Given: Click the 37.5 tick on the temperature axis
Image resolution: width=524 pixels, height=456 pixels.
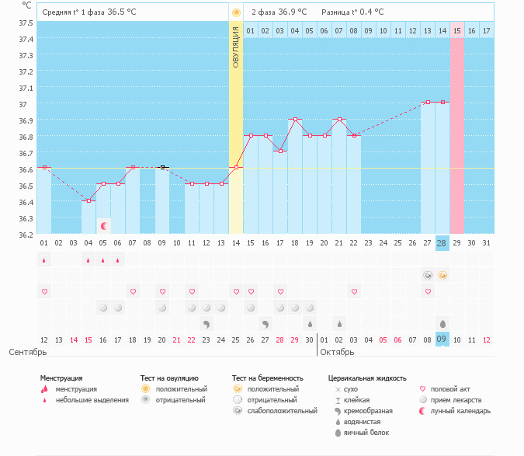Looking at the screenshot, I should (26, 23).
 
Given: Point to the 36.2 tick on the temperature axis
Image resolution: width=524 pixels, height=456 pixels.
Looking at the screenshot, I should (26, 235).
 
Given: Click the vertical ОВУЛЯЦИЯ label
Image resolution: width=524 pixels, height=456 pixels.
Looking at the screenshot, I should (236, 47).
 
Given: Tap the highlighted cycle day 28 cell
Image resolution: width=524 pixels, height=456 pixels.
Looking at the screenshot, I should (442, 243).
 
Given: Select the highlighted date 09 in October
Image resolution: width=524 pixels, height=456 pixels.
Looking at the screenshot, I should (442, 339).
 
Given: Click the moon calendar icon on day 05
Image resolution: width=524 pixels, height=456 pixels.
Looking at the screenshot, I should (103, 226).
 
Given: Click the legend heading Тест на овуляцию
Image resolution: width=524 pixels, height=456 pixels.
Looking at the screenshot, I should (169, 378).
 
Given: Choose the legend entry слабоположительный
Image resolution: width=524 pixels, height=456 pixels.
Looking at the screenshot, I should (272, 410).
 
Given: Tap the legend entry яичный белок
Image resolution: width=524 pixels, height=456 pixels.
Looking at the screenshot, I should (366, 432).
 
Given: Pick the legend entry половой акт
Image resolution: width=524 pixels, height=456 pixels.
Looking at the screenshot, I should (451, 388).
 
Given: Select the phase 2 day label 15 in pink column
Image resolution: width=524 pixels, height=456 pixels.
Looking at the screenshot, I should (456, 30).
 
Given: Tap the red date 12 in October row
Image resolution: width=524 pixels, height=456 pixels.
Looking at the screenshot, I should (486, 339).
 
